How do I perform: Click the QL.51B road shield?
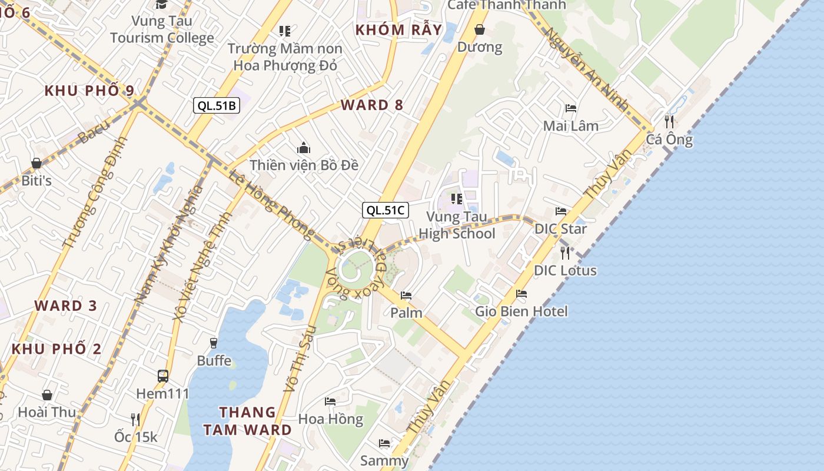coord(216,106)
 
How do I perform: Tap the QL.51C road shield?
coord(385,210)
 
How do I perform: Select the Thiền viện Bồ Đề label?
coord(304,165)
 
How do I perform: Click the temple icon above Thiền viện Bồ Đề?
coord(304,147)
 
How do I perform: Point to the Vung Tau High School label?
coord(457,225)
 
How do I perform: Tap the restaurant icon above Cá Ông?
coord(669,122)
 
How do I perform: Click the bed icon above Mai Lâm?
coord(570,108)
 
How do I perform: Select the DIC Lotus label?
coord(565,271)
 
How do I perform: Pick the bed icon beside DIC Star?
coord(561,211)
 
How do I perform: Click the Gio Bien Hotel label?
coord(521,311)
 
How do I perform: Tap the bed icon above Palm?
coord(406,296)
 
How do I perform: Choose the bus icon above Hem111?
coord(163,376)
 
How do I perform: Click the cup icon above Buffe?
coord(214,343)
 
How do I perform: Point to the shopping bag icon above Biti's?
coord(36,163)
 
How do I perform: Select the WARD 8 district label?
coord(372,105)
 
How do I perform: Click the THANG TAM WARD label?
coord(247,421)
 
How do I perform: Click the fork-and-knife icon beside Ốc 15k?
coord(135,419)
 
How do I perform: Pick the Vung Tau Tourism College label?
coord(162,29)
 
